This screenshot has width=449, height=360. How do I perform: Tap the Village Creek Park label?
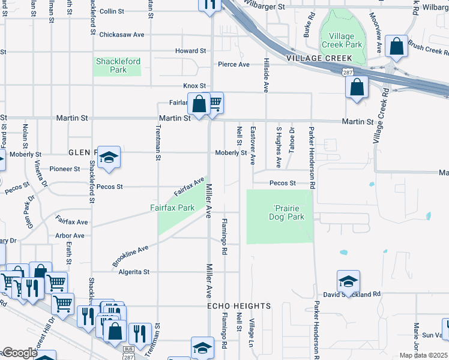click(342, 40)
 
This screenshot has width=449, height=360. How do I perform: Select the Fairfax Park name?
click(172, 208)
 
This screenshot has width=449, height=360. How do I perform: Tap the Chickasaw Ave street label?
click(122, 35)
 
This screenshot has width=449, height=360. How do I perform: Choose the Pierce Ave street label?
click(234, 64)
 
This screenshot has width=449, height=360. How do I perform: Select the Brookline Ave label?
click(130, 256)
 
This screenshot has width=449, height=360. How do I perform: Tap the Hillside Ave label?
click(265, 75)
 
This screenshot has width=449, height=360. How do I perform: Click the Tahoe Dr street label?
click(292, 140)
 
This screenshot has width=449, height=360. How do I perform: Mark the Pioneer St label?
click(65, 169)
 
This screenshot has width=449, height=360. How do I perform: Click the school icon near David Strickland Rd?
click(348, 281)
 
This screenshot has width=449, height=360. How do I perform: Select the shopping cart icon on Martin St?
click(214, 103)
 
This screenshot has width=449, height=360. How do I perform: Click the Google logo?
click(19, 353)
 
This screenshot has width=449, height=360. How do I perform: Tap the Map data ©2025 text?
click(423, 355)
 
